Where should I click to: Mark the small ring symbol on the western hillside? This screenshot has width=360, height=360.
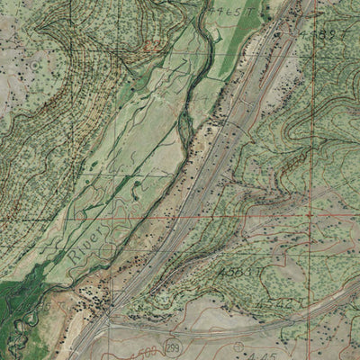pyautogui.click(x=34, y=66)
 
